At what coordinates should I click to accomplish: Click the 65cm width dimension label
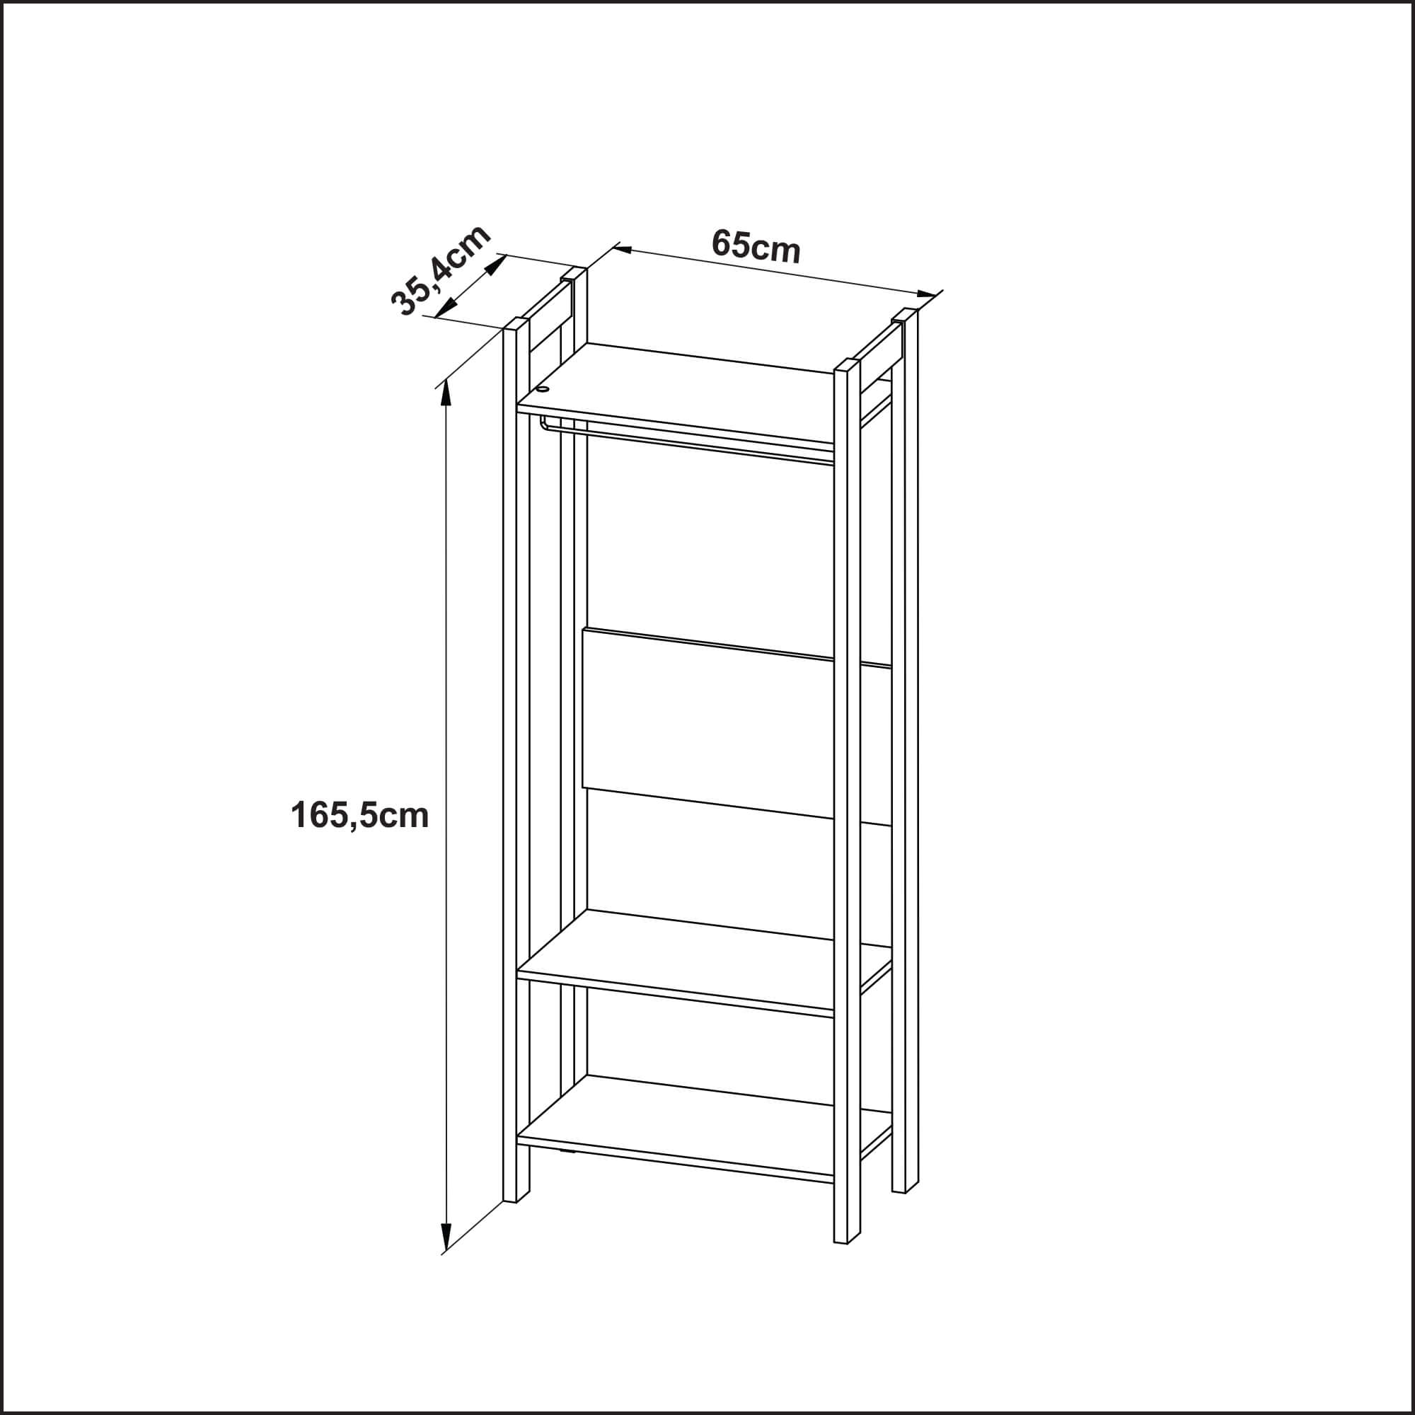(756, 246)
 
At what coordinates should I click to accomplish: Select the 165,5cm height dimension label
(359, 815)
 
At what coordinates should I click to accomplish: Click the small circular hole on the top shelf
(543, 389)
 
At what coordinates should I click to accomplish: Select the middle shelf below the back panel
(703, 961)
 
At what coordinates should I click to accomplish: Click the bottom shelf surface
(703, 1128)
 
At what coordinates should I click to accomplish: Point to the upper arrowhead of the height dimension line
(444, 395)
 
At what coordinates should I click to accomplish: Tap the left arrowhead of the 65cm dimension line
(623, 250)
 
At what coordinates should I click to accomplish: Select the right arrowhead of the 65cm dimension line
(927, 294)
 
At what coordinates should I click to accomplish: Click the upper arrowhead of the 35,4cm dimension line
(496, 264)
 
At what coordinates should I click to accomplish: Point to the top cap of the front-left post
(516, 325)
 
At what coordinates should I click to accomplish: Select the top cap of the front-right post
(848, 366)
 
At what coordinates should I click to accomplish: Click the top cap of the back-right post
(906, 316)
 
